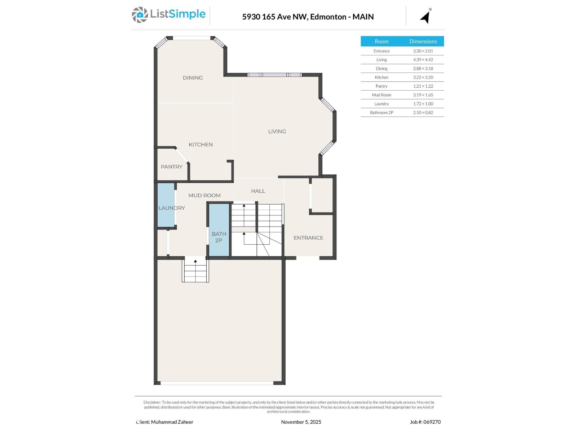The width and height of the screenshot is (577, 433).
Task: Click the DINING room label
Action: click(193, 78)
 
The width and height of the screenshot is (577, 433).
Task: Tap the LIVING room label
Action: click(277, 131)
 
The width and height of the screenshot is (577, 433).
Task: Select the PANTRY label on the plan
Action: click(172, 167)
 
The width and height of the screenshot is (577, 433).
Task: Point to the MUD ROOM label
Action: click(204, 195)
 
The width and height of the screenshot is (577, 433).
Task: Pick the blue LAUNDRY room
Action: click(166, 206)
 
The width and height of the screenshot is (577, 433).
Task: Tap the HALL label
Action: click(258, 191)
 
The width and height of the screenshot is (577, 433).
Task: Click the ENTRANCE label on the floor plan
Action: click(308, 238)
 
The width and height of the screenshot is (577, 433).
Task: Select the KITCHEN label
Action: click(201, 144)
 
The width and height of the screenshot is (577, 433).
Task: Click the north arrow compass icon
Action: click(426, 16)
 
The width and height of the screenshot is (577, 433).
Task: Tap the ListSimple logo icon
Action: click(140, 15)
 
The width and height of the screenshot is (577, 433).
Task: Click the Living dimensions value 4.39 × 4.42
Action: click(423, 60)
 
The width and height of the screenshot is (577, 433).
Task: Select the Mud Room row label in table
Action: click(381, 95)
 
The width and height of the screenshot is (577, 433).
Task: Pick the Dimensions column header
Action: click(423, 41)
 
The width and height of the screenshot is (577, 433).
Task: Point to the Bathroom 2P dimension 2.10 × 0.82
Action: click(423, 113)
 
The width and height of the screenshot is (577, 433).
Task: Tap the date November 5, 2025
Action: click(301, 422)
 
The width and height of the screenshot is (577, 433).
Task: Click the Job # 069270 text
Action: click(425, 422)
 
